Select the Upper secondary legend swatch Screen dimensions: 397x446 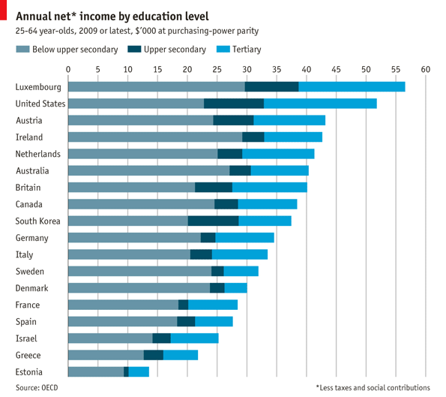[135, 50]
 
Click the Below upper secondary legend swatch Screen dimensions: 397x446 [22, 50]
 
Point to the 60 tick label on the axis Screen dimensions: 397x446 [426, 69]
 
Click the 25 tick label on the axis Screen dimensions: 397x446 [217, 69]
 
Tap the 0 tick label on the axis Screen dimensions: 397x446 [68, 69]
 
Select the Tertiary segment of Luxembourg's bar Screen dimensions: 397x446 [352, 87]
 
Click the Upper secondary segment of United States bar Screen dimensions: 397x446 [234, 104]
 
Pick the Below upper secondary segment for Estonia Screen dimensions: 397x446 [96, 372]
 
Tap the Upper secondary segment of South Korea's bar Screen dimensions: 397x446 [213, 221]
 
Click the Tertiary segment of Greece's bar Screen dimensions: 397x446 [181, 355]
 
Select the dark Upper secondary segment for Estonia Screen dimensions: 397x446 [126, 372]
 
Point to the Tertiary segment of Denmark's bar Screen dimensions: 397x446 [235, 288]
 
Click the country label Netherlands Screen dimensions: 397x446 [38, 154]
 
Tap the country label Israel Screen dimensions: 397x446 [27, 338]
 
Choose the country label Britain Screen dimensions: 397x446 [28, 188]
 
